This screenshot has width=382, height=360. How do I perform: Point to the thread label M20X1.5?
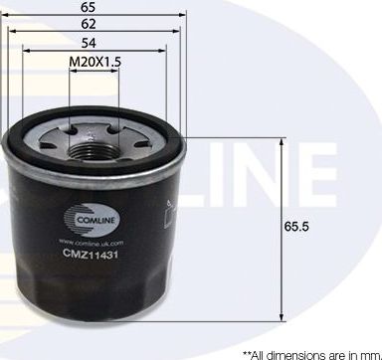pos(95,62)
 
